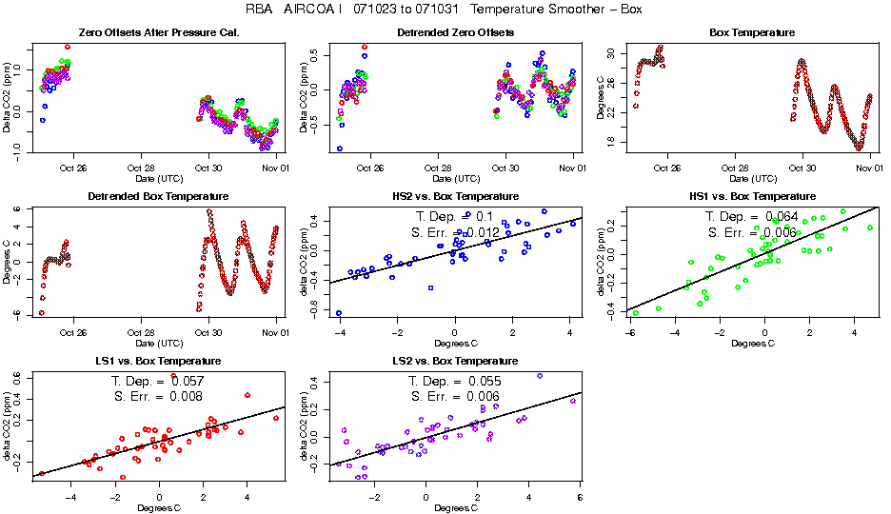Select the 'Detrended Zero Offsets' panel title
[x=456, y=33]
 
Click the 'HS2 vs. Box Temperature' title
[x=456, y=197]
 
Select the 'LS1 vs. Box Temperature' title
[x=158, y=362]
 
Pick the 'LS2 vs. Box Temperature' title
[x=456, y=362]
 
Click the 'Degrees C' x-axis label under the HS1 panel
[x=752, y=344]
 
